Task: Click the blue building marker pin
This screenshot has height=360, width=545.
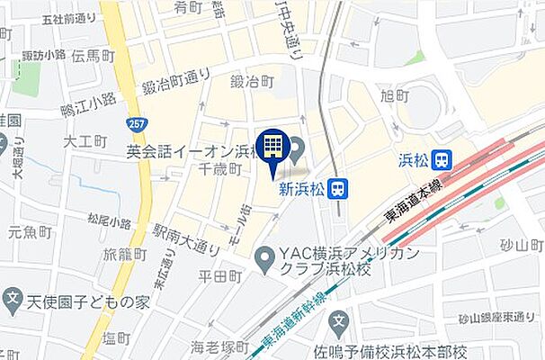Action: click(x=272, y=149)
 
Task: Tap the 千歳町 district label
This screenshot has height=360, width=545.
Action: click(x=220, y=168)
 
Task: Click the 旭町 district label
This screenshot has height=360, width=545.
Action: click(x=395, y=95)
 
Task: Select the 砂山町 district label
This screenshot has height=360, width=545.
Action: click(x=522, y=245)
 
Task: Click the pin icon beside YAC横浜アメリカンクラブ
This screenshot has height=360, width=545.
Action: click(x=264, y=262)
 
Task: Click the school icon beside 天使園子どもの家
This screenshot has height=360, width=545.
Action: click(x=13, y=299)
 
